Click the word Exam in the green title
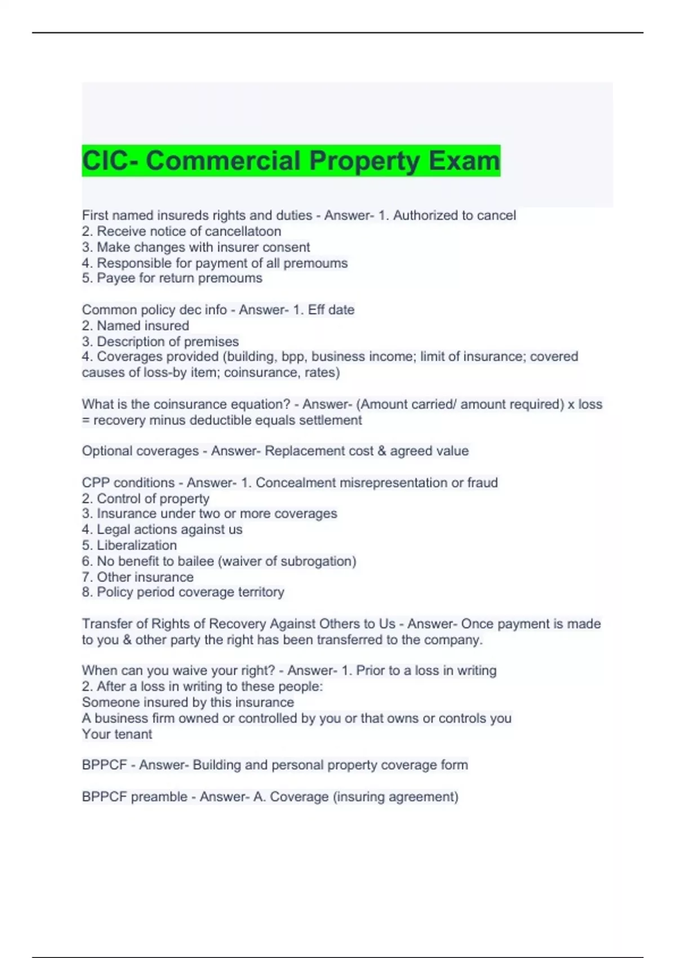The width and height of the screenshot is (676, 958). (464, 161)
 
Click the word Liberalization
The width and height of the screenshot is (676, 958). (137, 545)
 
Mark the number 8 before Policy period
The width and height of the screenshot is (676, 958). (86, 592)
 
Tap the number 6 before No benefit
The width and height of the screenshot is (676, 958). (86, 561)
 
